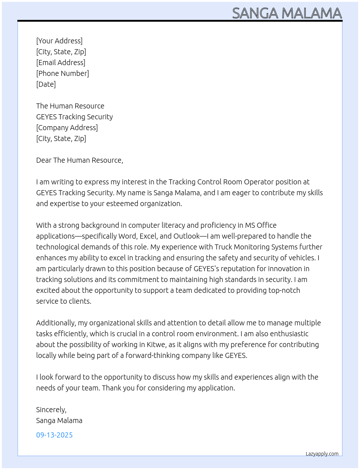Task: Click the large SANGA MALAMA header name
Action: pos(287,13)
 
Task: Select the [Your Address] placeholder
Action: pos(59,41)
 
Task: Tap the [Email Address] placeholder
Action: pos(61,63)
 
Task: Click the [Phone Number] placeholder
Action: pos(63,73)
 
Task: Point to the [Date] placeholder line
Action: pos(46,84)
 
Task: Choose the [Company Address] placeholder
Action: pos(67,128)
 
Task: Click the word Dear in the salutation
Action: pos(44,160)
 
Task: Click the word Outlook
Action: pos(187,236)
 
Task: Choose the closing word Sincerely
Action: pos(51,410)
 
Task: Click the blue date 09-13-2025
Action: pos(54,435)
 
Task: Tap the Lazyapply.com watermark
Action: pos(322,454)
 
